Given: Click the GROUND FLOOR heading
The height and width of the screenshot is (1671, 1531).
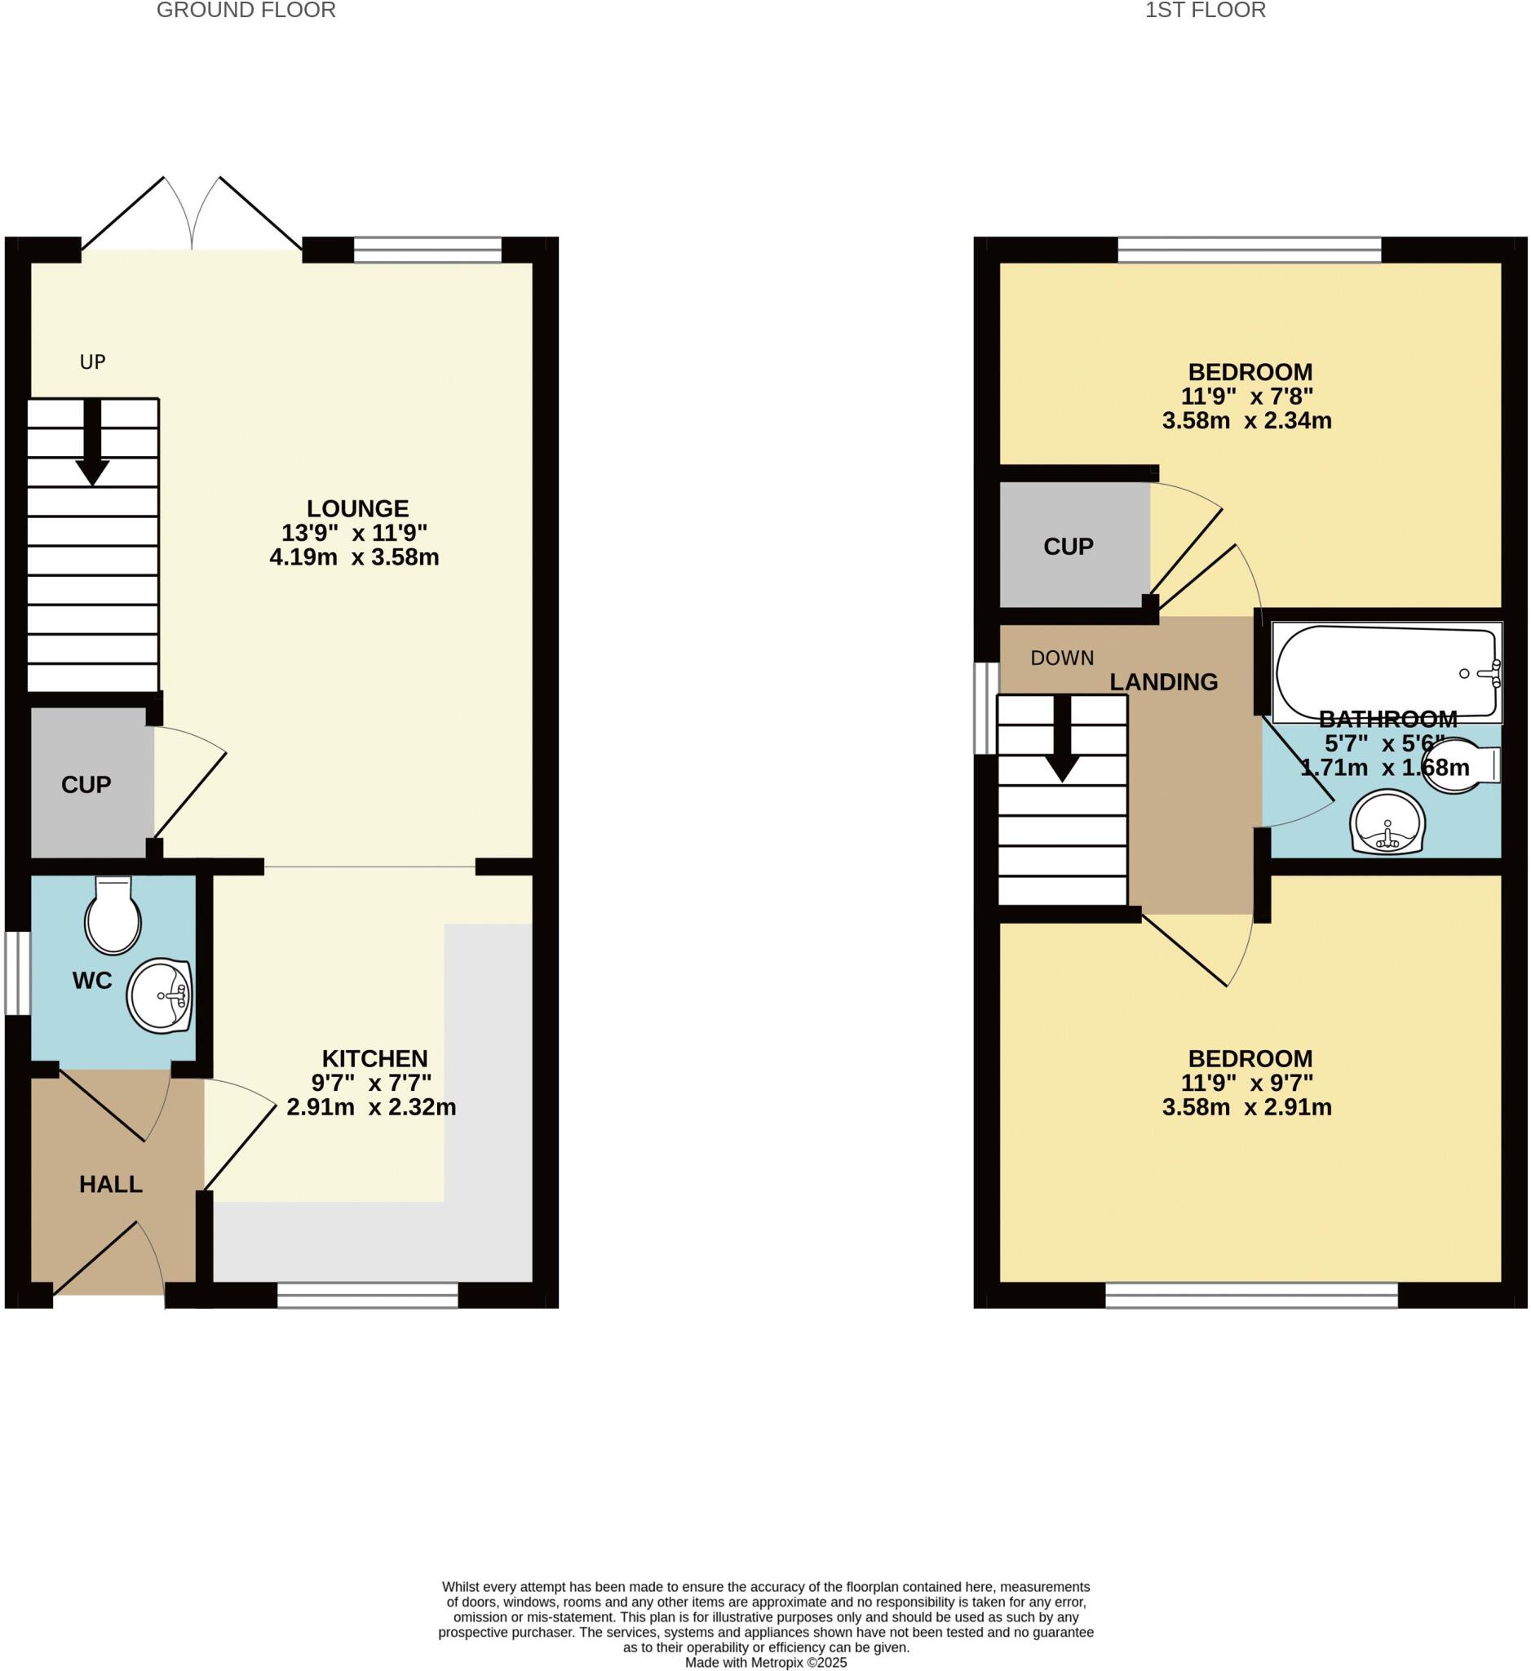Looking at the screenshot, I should [246, 11].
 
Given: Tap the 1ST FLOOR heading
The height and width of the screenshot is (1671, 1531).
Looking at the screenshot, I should [1206, 11].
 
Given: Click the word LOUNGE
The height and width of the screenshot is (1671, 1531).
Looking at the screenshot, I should [357, 508].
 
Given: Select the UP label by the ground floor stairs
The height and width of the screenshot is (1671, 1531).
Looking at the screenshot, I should [93, 361].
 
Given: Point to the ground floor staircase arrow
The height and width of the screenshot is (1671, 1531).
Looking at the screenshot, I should [92, 442].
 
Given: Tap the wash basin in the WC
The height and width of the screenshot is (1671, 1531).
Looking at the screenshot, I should [160, 995].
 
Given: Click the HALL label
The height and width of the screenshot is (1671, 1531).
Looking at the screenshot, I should [111, 1185].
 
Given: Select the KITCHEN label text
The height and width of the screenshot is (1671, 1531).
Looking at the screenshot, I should [374, 1058].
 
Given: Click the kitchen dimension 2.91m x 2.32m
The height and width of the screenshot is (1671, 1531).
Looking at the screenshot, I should [371, 1106].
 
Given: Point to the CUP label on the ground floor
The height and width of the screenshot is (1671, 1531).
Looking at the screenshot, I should [86, 785].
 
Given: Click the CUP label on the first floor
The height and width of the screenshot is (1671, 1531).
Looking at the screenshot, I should [1068, 546].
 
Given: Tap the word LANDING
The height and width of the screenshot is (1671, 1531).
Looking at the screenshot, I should [1163, 682].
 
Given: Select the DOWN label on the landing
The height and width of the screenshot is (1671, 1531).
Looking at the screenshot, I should [1062, 658].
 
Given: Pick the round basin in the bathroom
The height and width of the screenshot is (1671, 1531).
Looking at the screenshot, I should [1387, 822].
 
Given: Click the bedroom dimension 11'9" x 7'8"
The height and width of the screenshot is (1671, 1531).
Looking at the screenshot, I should [1247, 397].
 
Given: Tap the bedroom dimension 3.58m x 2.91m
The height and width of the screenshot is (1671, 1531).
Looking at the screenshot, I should [1247, 1107].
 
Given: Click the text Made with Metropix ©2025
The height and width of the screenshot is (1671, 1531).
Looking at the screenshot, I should [765, 1663].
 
